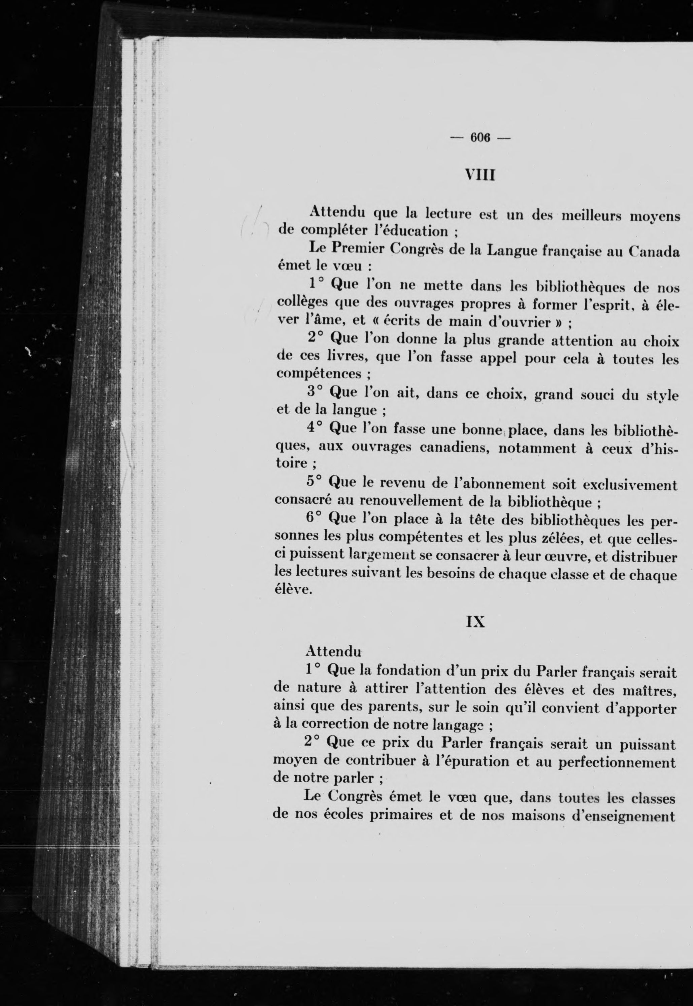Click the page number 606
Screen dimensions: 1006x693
[x=480, y=138]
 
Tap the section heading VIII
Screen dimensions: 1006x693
[x=480, y=175]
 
